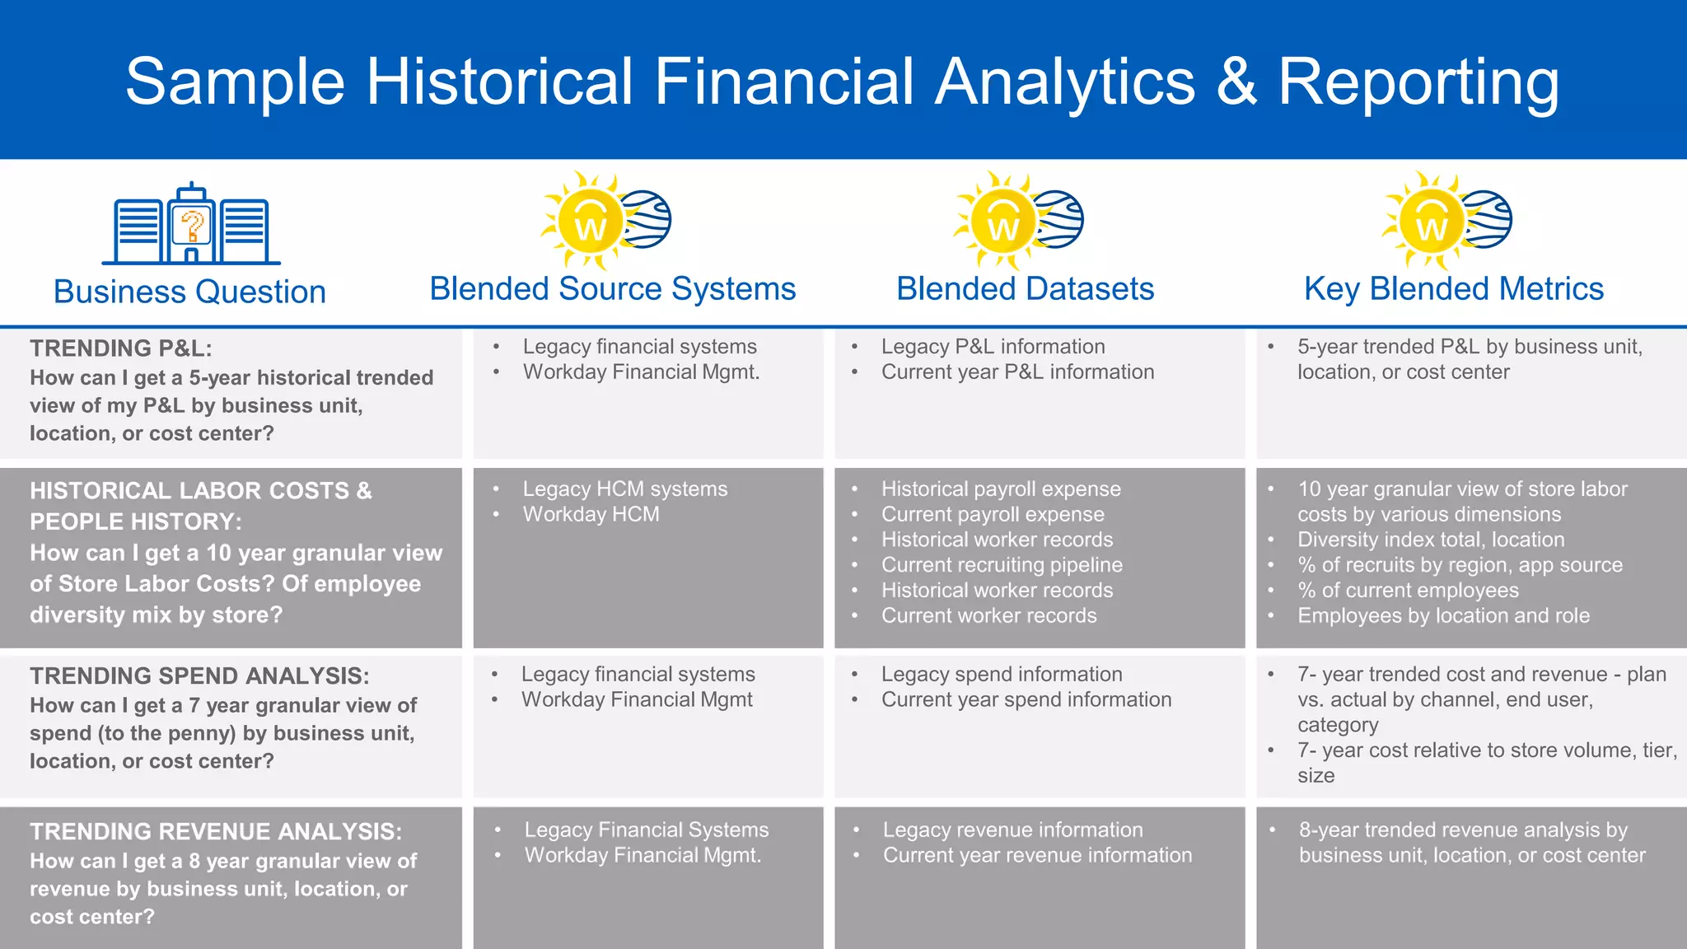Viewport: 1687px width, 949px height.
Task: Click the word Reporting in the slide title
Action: (1418, 82)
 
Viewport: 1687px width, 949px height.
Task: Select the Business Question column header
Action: (189, 292)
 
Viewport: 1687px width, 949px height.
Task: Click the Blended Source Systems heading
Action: (612, 289)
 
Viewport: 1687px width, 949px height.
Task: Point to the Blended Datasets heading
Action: (1025, 289)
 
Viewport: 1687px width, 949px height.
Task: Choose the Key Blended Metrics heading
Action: (1453, 289)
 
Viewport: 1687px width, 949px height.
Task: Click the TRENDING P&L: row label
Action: (121, 348)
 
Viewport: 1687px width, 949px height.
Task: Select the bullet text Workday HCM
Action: (591, 514)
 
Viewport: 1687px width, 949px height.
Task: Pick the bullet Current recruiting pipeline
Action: (1002, 565)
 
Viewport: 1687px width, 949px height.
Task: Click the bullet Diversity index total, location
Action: (1430, 540)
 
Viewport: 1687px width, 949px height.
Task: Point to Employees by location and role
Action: (1443, 615)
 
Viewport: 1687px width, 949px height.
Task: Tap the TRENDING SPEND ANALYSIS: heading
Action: (199, 676)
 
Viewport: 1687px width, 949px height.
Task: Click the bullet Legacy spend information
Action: (1002, 674)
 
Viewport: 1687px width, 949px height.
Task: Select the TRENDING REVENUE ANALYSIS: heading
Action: (216, 831)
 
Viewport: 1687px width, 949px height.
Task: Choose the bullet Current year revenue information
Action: (1037, 855)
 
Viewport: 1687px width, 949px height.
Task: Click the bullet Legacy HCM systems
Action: (624, 489)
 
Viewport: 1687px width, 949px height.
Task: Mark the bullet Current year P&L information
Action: (1017, 372)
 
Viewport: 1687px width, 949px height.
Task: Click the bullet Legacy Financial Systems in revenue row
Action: (646, 830)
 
